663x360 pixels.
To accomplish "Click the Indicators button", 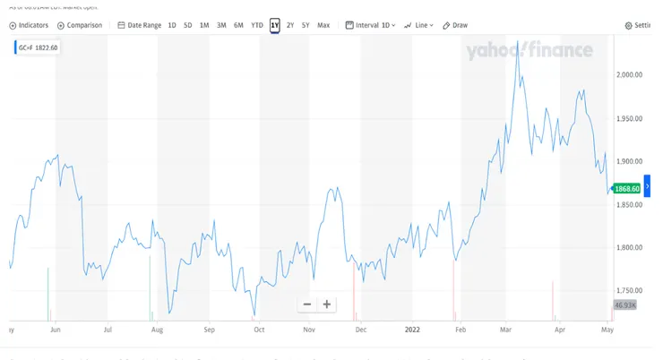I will [29, 25].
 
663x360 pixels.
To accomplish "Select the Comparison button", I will [81, 25].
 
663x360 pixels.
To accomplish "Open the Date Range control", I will [140, 25].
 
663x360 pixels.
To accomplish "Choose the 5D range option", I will [187, 25].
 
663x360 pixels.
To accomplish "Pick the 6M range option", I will [238, 25].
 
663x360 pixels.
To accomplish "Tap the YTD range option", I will [257, 25].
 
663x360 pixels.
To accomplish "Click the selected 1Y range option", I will [275, 25].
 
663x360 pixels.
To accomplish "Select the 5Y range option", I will [306, 25].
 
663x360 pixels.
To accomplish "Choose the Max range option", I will [323, 25].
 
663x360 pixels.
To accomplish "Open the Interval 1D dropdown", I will [371, 25].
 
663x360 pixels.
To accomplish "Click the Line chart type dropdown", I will [418, 25].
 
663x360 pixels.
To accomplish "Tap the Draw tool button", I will [455, 25].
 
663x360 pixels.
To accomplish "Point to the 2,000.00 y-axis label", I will [632, 74].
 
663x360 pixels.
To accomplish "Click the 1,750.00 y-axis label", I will [632, 291].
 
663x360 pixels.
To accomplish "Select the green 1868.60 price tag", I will [625, 189].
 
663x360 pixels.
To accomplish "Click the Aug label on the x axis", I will [157, 329].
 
